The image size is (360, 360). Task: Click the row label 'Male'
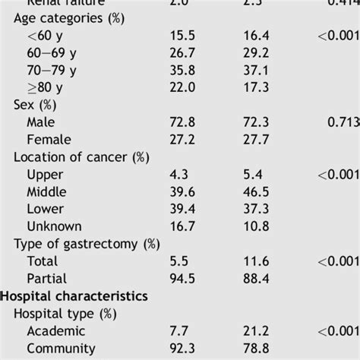pos(42,122)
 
